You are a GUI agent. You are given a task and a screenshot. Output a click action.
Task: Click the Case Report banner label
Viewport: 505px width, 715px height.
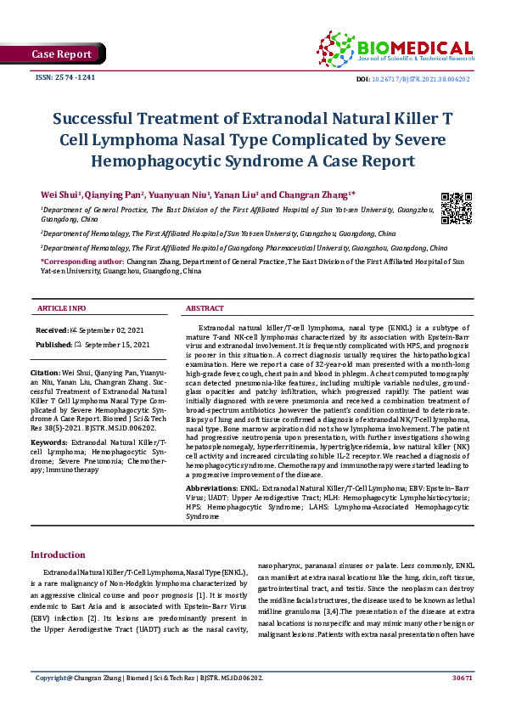click(61, 54)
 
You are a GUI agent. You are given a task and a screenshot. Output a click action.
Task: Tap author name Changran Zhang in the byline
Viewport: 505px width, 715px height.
click(316, 194)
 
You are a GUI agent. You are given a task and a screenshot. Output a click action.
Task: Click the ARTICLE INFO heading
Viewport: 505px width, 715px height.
click(61, 307)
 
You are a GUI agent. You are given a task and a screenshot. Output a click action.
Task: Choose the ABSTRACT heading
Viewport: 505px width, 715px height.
click(205, 307)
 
